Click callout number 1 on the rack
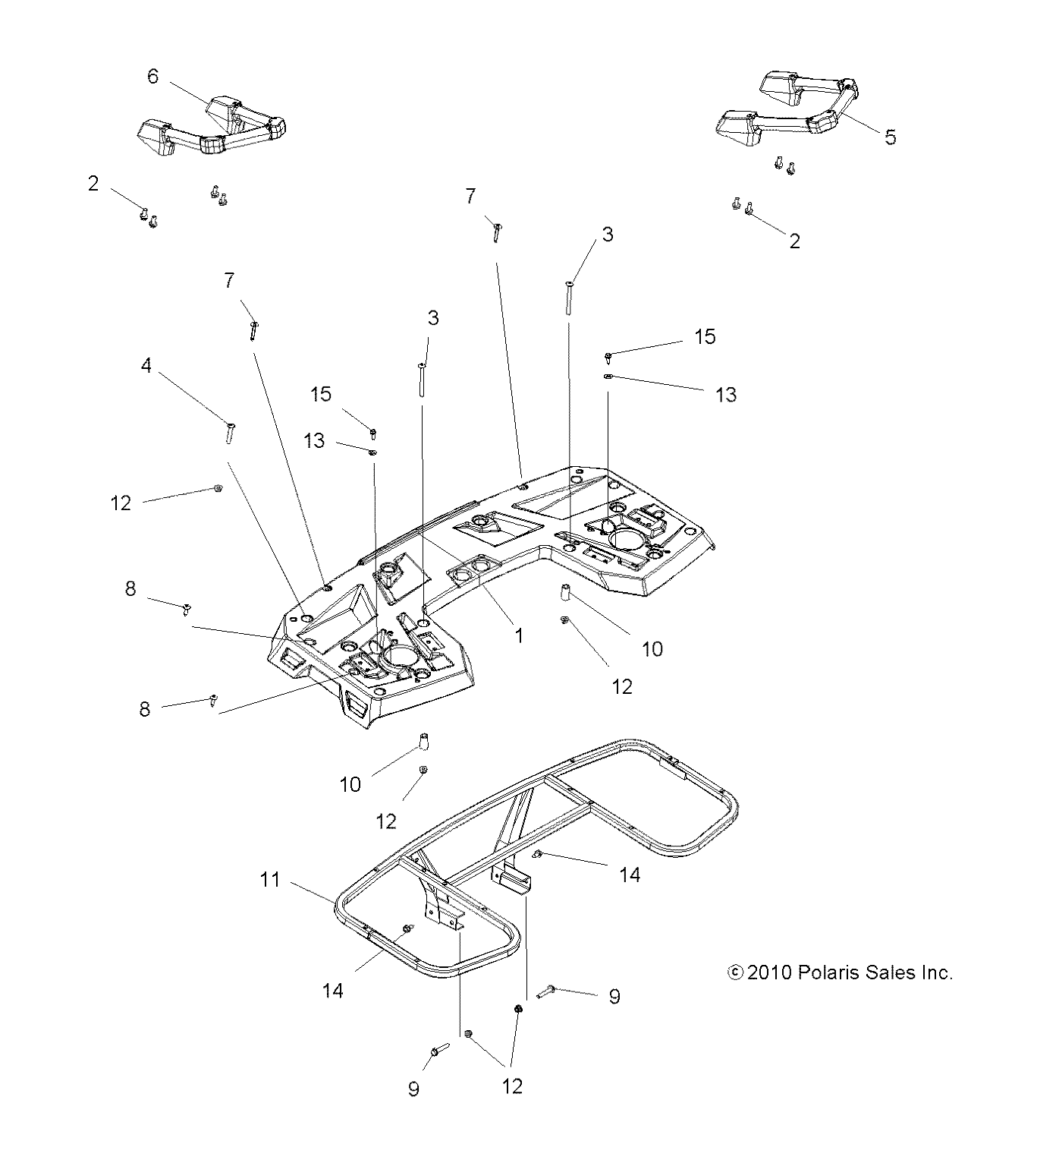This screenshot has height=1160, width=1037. point(519,635)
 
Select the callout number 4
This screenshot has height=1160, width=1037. point(146,366)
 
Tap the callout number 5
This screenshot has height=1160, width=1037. point(890,137)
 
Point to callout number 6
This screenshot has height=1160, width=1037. point(153,77)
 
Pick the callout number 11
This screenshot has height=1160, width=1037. point(271,881)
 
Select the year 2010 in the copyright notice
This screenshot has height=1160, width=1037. point(769,972)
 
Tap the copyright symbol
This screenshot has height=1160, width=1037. point(734,972)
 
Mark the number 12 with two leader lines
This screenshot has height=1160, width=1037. point(513,1086)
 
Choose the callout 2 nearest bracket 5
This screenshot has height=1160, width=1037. point(794,241)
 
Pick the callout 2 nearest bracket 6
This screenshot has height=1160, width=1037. point(93,183)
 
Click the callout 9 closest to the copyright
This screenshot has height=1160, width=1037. point(614,996)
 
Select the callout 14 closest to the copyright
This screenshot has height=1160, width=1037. point(630,875)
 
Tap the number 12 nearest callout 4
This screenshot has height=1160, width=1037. point(121,503)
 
